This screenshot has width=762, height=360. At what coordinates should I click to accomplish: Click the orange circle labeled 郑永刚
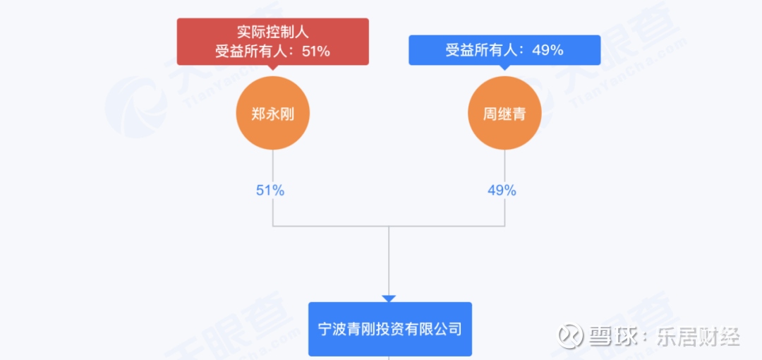pos(272,113)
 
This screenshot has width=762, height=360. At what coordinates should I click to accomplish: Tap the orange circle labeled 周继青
pos(504,113)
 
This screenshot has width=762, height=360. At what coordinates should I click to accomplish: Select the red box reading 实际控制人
pos(272,42)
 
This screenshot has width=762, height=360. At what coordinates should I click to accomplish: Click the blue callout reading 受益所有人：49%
pos(504,49)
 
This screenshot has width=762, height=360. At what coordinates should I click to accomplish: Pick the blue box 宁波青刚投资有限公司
pos(390,329)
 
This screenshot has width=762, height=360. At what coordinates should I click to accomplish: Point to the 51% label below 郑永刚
pos(270,191)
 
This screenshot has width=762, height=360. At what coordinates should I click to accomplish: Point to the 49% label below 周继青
pos(502,191)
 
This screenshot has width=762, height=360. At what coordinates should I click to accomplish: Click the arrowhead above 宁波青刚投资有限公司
pos(389,299)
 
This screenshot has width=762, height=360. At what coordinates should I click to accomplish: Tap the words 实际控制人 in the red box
pos(272,34)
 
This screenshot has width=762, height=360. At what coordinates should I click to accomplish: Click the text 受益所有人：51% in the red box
pos(272,51)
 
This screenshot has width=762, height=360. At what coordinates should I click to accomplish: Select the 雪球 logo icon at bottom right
pos(571,335)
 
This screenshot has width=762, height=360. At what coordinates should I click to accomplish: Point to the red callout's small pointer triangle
pos(272,68)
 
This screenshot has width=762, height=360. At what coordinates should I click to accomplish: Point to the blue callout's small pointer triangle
pos(504,68)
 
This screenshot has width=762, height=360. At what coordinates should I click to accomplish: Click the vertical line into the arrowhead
pos(389,260)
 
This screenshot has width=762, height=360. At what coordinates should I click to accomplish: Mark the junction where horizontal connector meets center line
pos(389,226)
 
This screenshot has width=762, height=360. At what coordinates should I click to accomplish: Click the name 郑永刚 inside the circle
pos(272,114)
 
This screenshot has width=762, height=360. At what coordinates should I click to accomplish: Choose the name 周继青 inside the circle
pos(504,114)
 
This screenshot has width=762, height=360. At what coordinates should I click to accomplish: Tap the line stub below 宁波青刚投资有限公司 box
pos(389,358)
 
